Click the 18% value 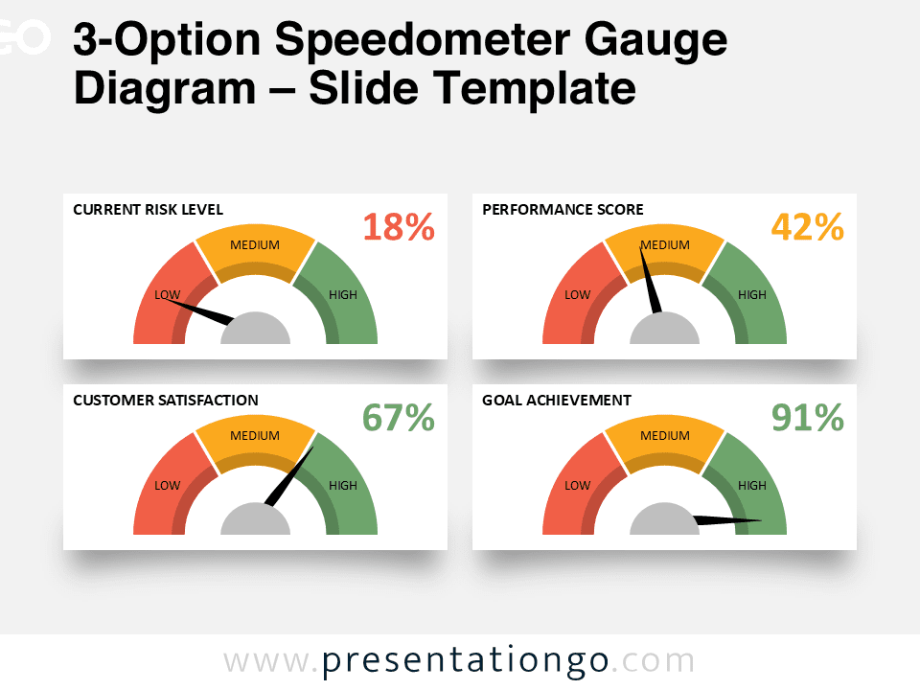pos(399,227)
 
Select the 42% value pos(808,227)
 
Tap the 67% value pos(399,418)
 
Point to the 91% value pos(808,418)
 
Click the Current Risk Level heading pos(148,209)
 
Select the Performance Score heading pos(563,209)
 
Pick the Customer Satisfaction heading pos(166,400)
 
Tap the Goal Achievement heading pos(557,400)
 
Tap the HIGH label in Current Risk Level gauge pos(342,294)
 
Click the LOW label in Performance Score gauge pos(577,294)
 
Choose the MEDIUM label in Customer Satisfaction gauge pos(255,435)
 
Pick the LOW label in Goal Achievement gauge pos(577,485)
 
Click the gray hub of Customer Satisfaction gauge pos(255,521)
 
